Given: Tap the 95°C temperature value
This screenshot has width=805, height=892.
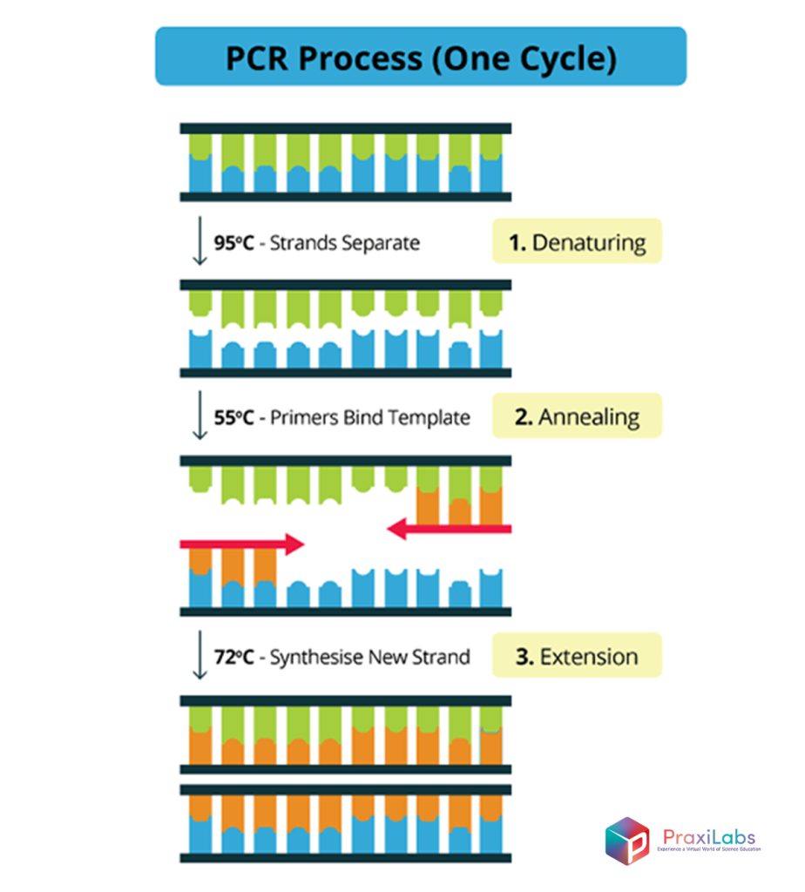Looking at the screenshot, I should (x=233, y=242).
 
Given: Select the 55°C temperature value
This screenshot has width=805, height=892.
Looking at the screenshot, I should (x=233, y=417).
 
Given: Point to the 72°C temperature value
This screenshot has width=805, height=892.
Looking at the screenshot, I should (x=233, y=657).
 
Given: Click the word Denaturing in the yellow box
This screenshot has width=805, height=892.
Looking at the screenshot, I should (x=589, y=242).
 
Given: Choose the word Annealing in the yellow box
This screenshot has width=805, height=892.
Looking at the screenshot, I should (x=589, y=416).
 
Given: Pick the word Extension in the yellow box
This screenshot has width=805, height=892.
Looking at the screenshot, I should (x=589, y=656).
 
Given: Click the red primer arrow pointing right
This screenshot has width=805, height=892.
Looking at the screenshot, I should (x=241, y=544).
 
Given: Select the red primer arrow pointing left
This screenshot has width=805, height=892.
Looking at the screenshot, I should (x=449, y=528).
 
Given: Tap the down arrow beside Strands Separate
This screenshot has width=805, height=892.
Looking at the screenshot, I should (x=199, y=243).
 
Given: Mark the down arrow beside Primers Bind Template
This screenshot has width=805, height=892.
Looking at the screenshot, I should (x=199, y=417).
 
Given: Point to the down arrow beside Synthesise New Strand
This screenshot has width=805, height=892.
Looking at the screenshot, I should (x=199, y=657).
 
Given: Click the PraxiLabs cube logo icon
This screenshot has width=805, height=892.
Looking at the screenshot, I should (x=627, y=840).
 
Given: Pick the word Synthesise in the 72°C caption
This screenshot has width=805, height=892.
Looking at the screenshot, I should (x=315, y=657).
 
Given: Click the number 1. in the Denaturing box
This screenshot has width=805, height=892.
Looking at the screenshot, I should (x=517, y=242).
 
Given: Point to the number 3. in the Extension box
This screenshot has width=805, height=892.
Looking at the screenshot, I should (x=524, y=656).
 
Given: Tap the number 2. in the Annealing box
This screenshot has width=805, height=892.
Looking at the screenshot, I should (x=524, y=416).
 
